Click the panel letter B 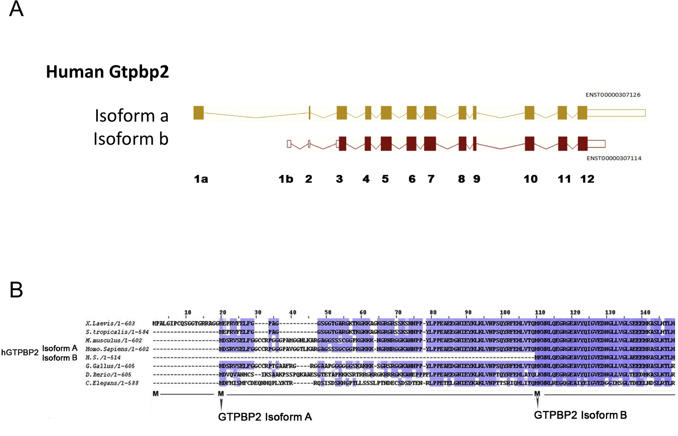(16, 289)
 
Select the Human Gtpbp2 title (107, 72)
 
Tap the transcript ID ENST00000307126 (613, 95)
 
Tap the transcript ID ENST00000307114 (614, 158)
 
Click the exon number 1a (201, 179)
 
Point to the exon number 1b (286, 179)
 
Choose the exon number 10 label (530, 179)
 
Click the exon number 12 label (587, 179)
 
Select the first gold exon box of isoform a (198, 113)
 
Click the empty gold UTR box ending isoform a (616, 113)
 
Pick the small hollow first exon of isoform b (289, 144)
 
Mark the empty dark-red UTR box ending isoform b (596, 144)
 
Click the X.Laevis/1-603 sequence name (110, 323)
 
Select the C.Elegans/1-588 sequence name (112, 383)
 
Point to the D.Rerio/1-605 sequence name (108, 375)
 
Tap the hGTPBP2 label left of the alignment (20, 352)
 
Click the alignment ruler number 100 (505, 312)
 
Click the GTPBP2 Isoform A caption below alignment (265, 417)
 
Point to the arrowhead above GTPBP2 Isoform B (537, 402)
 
